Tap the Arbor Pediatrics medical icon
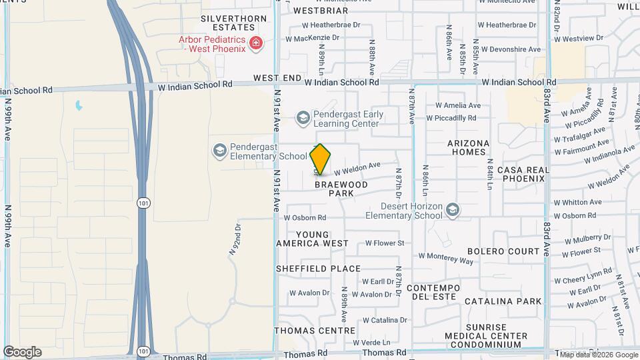point(255,44)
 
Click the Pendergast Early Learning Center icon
point(303,119)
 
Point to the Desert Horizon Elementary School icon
point(453,211)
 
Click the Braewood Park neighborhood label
point(341,189)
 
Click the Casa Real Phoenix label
point(523,174)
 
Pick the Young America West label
point(312,239)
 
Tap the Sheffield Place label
point(318,269)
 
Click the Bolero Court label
point(503,251)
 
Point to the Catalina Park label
point(503,301)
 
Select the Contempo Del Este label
point(433,292)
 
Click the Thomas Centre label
point(315,330)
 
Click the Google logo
point(22,352)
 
